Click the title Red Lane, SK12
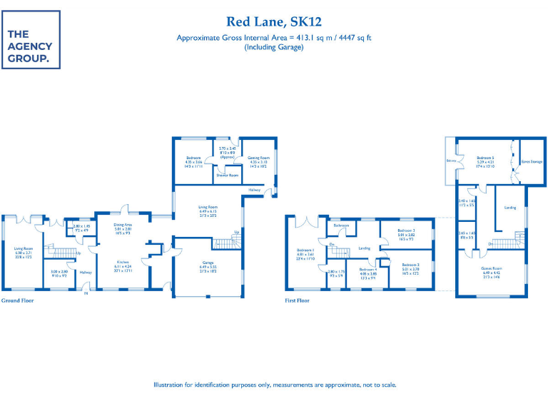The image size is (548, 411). (x=274, y=21)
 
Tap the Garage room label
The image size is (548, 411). (x=208, y=263)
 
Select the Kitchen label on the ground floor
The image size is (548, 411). (x=123, y=262)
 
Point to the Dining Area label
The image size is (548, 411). (x=123, y=224)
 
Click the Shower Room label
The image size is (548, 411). (x=228, y=174)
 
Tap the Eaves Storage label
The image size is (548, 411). (x=532, y=162)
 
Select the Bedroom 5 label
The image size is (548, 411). (x=485, y=157)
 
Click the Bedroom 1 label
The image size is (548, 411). (x=305, y=250)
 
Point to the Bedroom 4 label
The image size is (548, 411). (x=368, y=269)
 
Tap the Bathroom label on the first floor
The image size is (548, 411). (x=342, y=225)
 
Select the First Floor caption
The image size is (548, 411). (x=298, y=300)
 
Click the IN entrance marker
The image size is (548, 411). (x=86, y=293)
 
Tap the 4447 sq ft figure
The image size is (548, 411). (x=355, y=37)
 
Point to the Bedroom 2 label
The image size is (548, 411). (x=410, y=264)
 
